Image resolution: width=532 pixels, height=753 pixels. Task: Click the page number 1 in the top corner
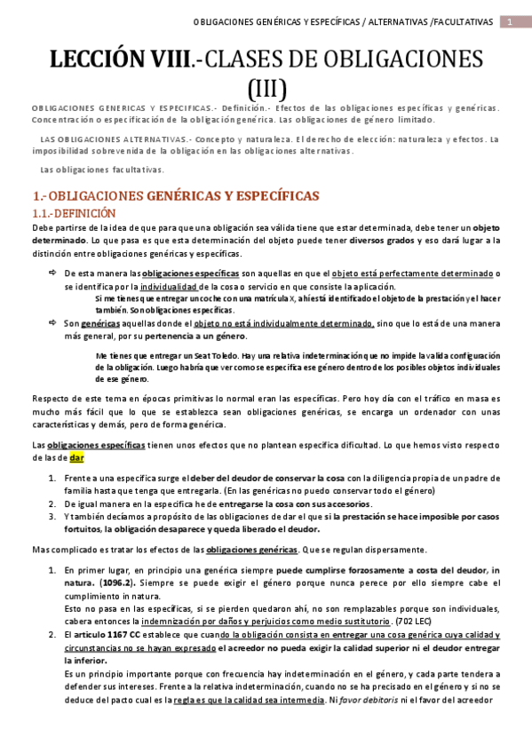pos(511,21)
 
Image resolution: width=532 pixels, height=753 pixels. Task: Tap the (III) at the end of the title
pos(266,88)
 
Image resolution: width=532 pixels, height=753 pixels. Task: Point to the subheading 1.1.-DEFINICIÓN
pos(74,214)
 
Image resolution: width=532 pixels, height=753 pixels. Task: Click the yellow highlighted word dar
pos(77,457)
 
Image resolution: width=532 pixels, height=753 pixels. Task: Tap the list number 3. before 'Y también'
pos(52,516)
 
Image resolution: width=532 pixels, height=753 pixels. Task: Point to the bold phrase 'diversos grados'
pos(382,240)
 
